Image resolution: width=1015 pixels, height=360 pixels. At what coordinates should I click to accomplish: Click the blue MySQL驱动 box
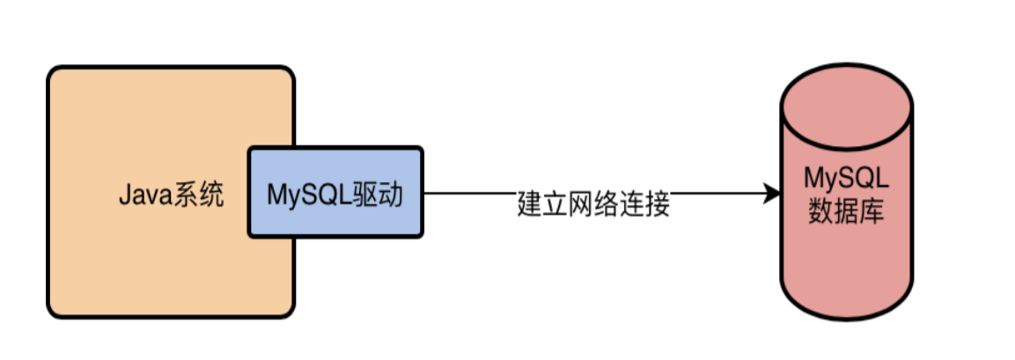tap(335, 192)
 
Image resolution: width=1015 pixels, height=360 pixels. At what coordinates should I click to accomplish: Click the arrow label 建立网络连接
tap(594, 204)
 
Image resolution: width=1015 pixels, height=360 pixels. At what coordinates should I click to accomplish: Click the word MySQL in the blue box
tap(312, 193)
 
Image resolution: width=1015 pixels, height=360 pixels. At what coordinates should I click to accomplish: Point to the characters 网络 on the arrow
tap(594, 204)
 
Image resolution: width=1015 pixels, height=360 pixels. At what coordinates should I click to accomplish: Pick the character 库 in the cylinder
tap(872, 211)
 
